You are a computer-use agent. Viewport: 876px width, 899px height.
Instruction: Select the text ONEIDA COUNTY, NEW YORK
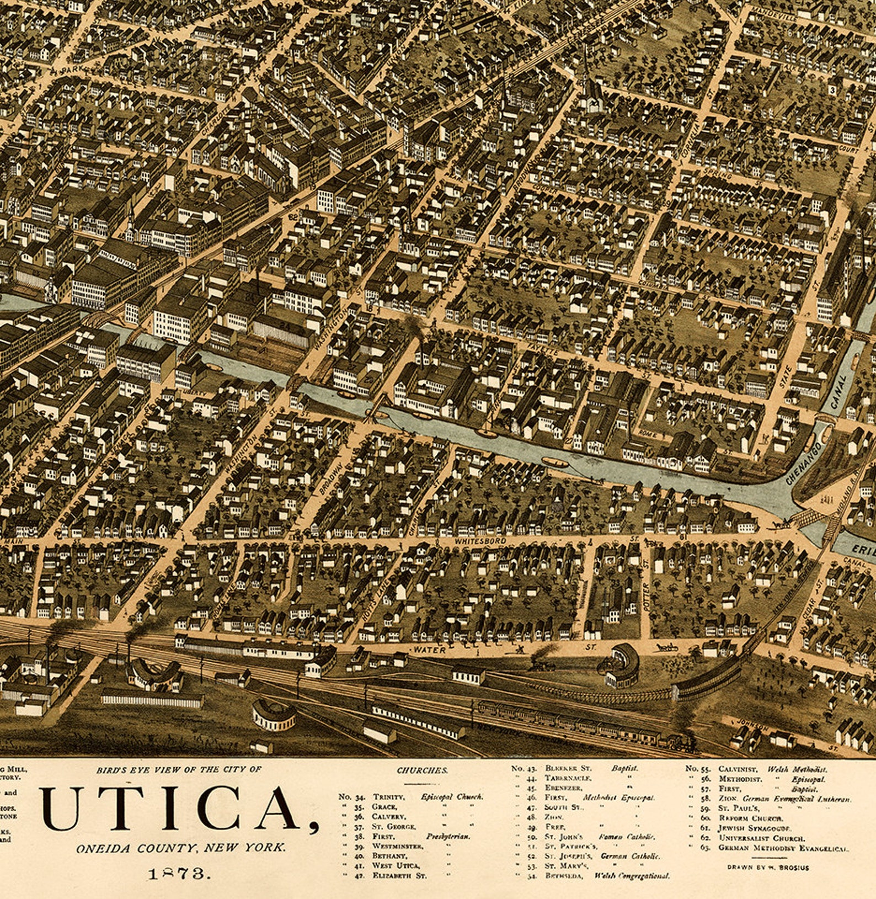coord(181,847)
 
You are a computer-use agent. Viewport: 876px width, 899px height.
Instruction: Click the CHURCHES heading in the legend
coord(422,770)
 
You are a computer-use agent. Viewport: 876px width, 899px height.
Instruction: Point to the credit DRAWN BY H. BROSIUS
coord(768,867)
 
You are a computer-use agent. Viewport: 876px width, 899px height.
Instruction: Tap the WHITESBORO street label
coord(480,541)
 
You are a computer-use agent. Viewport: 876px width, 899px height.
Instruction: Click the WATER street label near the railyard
coord(430,650)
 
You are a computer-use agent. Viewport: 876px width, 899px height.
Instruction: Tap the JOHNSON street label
coord(754,726)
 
